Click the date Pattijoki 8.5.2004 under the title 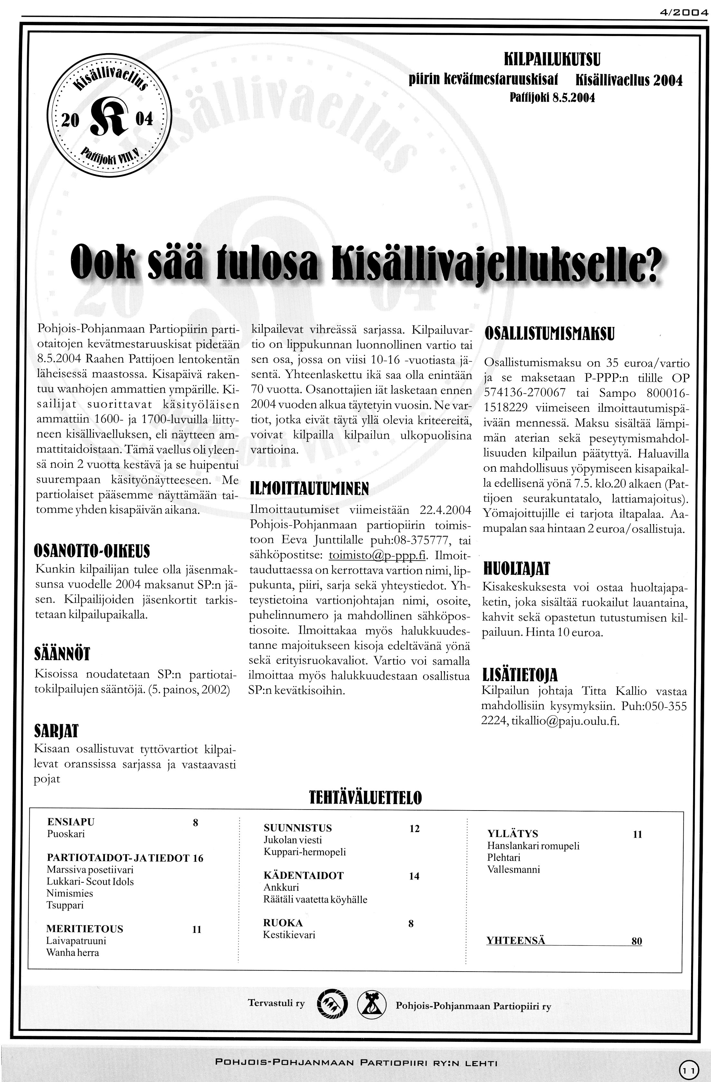552,97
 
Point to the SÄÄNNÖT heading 62,654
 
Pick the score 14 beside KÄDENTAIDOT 414,876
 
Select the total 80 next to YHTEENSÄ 636,941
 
